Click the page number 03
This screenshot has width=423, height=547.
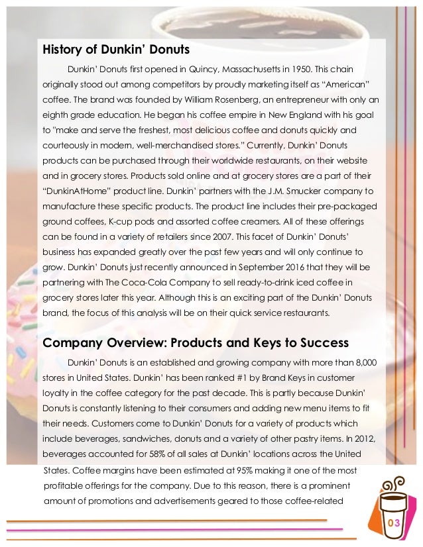pos(394,524)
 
